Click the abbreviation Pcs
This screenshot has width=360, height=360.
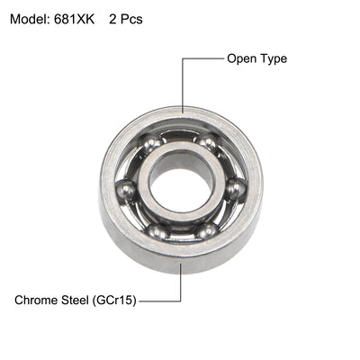click(131, 18)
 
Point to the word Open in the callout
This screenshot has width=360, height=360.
click(242, 59)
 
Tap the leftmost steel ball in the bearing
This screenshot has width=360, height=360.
click(127, 190)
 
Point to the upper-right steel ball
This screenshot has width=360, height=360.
click(208, 142)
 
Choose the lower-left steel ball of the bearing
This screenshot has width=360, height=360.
click(157, 231)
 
